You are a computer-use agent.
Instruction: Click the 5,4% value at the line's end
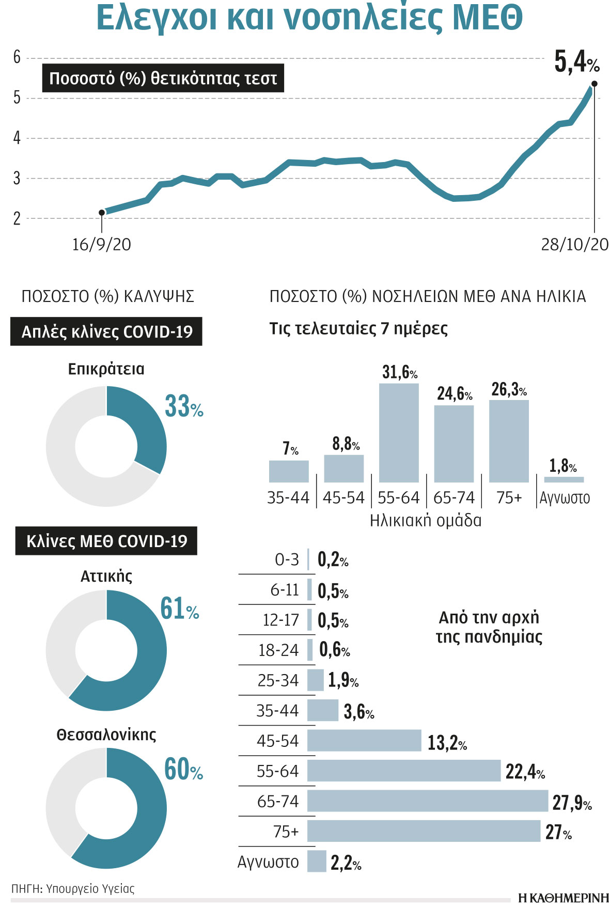coord(576,62)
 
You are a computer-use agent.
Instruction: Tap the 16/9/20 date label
coord(102,244)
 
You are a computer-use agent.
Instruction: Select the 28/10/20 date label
coord(574,244)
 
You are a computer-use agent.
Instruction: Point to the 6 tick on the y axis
coord(17,57)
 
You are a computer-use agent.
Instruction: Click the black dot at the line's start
coord(102,213)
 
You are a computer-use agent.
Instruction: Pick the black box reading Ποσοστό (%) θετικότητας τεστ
coord(163,78)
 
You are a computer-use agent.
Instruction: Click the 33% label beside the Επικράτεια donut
coord(183,407)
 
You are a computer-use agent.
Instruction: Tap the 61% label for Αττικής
coord(179,609)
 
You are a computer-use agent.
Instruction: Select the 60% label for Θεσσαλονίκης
coord(183,770)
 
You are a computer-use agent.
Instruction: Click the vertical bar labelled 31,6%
coord(399,433)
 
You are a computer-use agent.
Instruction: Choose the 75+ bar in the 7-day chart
coord(509,441)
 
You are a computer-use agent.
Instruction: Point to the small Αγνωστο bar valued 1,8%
coord(564,480)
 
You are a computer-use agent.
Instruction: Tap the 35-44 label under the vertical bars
coord(288,498)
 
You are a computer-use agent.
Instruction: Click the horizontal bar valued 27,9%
coord(427,801)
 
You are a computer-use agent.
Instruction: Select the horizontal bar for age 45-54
coord(364,741)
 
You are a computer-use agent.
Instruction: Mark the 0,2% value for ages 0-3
coord(333,560)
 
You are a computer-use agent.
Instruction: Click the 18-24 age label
coord(278,650)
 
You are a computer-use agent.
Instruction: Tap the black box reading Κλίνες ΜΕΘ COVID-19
coord(106,541)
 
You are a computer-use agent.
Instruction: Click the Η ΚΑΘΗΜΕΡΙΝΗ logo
coord(564,898)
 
